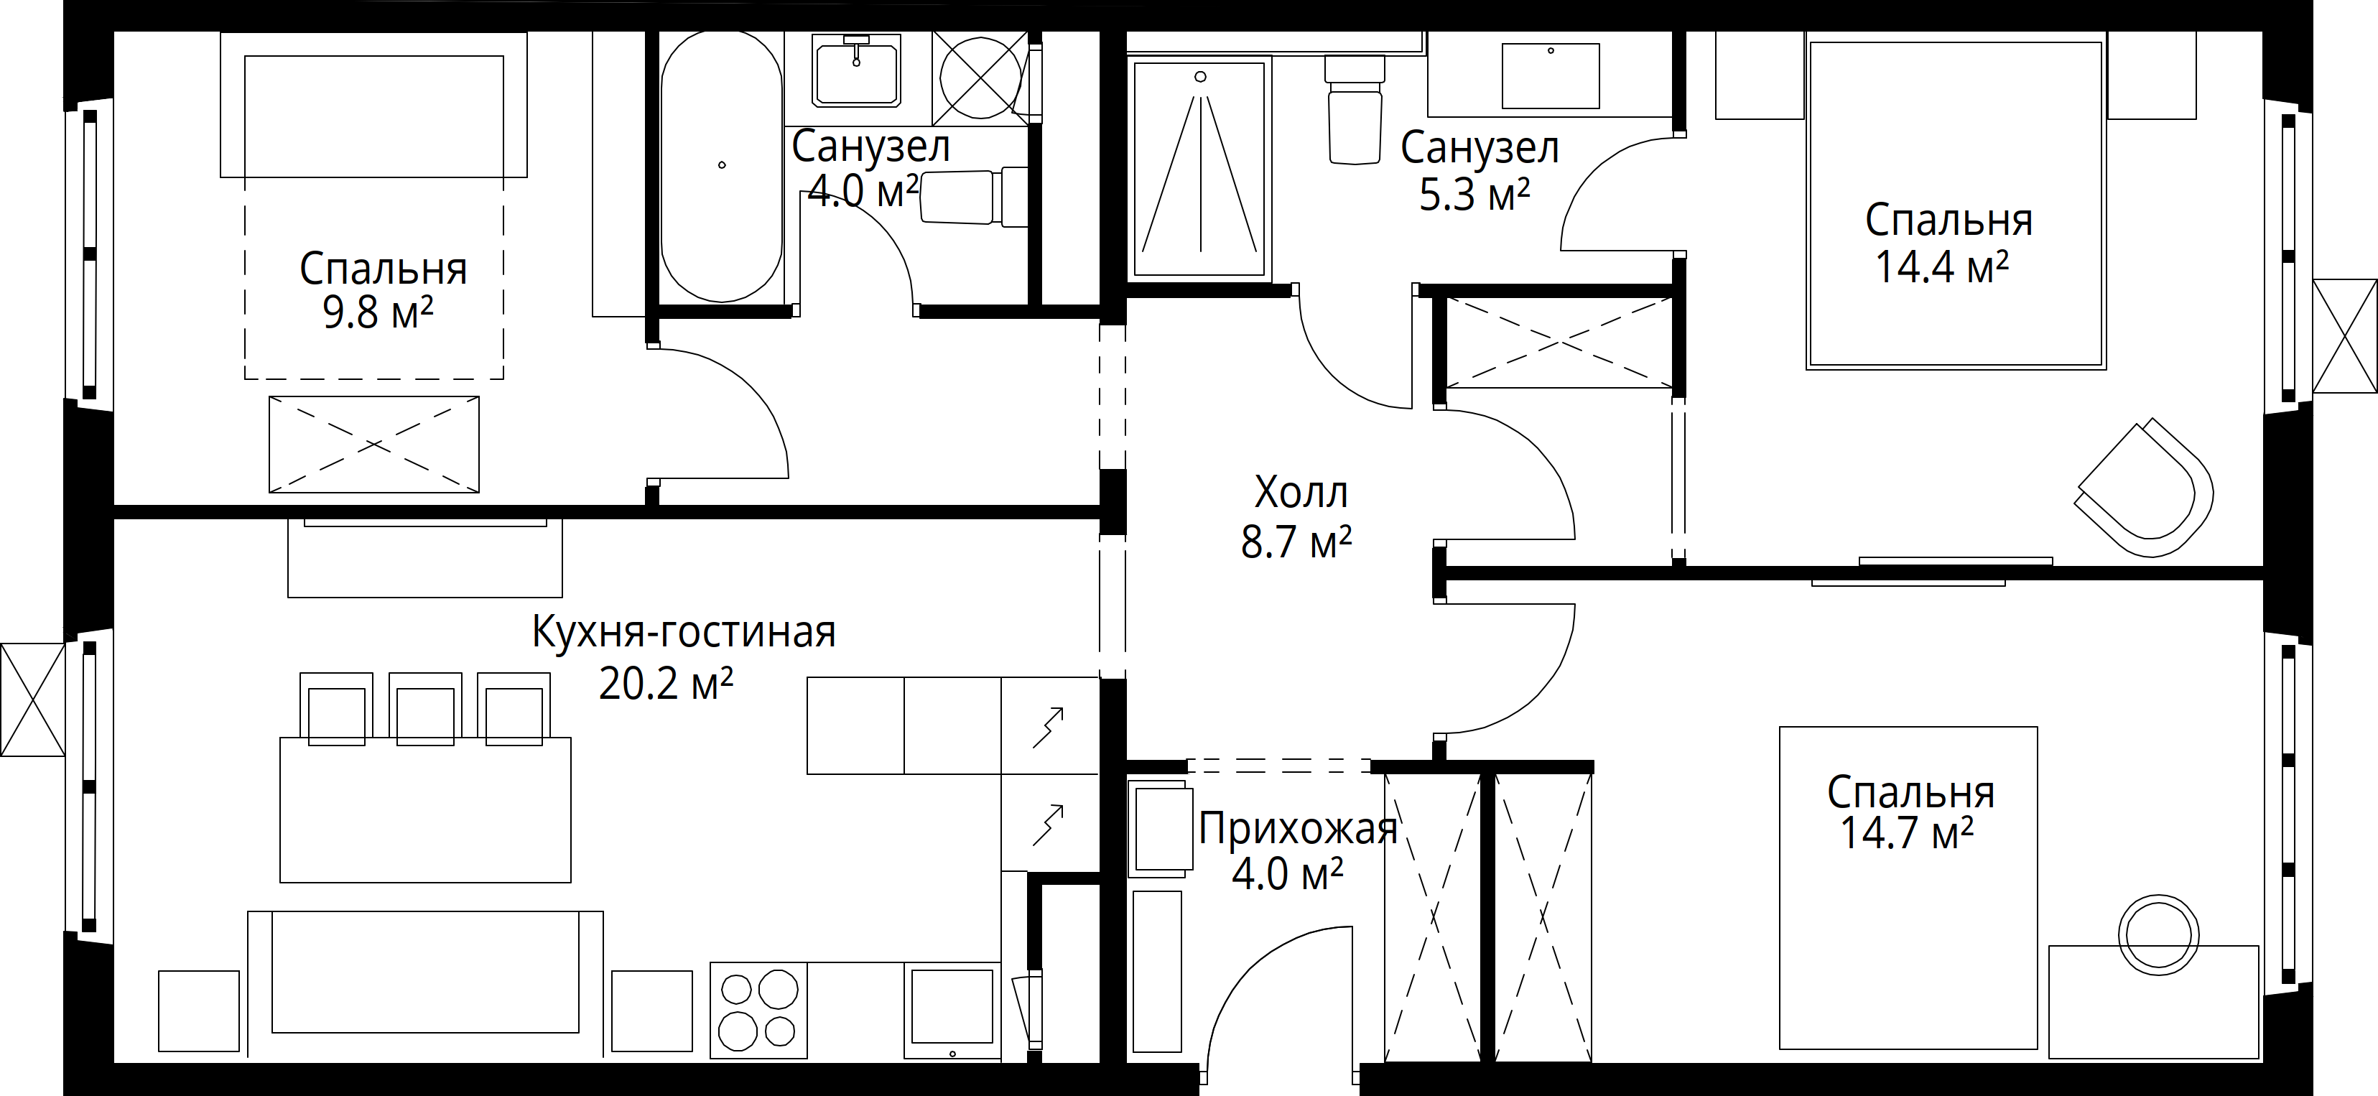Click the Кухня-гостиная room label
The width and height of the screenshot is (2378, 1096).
pos(684,633)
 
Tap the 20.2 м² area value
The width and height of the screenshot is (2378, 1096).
pos(666,684)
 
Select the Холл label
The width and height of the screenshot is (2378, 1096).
pos(1301,493)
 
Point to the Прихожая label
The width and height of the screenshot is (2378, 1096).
pos(1298,829)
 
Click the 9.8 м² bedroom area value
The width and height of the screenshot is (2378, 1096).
pos(378,313)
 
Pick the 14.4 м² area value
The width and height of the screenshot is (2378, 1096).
pos(1941,267)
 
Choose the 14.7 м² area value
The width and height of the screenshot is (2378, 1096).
pos(1907,833)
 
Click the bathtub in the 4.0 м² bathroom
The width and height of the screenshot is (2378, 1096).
pos(722,166)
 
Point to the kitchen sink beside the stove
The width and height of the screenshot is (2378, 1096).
pos(952,1012)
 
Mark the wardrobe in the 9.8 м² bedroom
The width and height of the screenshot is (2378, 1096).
pos(374,444)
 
